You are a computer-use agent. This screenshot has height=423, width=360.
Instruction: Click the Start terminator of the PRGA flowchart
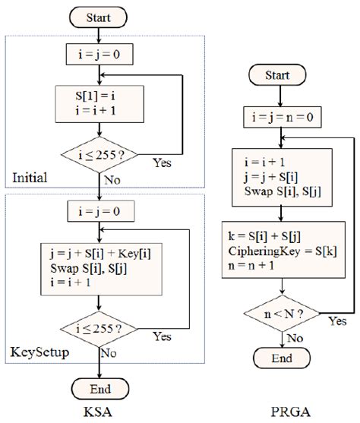282,76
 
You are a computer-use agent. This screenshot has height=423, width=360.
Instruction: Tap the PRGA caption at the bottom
282,414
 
